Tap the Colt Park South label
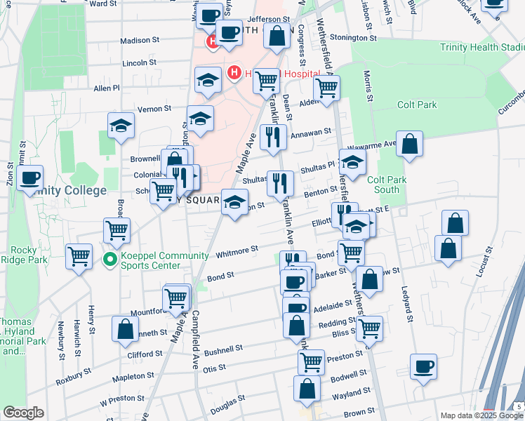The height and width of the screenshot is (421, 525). click(387, 185)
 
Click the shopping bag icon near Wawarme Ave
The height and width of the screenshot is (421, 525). click(410, 144)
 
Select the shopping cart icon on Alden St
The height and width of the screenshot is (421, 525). click(326, 88)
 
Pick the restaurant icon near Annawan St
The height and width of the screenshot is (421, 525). click(271, 136)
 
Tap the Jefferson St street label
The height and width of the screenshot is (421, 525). click(268, 20)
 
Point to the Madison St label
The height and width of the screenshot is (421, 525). click(139, 41)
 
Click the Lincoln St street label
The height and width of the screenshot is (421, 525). click(139, 62)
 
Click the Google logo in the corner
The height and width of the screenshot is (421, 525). click(22, 413)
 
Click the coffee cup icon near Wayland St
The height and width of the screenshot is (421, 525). click(423, 366)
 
